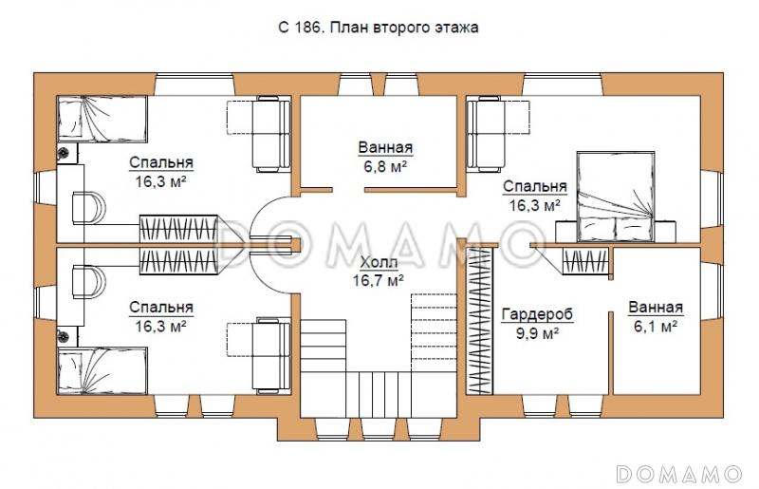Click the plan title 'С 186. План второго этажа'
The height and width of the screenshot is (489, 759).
tap(378, 28)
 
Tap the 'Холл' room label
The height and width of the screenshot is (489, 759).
tap(379, 262)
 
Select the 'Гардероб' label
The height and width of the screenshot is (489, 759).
tap(537, 314)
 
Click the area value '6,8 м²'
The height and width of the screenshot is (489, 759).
tap(385, 167)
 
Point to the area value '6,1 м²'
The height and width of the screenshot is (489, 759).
tap(656, 327)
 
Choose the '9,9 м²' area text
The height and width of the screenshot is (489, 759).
tap(538, 333)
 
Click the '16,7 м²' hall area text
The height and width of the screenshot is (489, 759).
tap(379, 280)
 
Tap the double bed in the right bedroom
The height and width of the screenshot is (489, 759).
tap(616, 197)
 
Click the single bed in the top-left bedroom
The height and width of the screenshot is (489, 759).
tap(102, 120)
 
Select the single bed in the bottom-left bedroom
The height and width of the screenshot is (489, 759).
tap(102, 370)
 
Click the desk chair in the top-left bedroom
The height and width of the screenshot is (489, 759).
tap(88, 207)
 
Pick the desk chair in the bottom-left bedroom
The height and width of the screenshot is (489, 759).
tap(88, 282)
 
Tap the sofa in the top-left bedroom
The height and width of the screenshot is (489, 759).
tap(272, 134)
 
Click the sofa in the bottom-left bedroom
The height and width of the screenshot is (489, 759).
tap(272, 355)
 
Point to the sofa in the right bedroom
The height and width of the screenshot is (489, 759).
tap(485, 134)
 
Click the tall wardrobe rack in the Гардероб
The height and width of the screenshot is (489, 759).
tap(478, 320)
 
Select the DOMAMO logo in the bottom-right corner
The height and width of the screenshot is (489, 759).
tap(679, 474)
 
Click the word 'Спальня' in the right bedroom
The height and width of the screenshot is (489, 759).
tap(535, 186)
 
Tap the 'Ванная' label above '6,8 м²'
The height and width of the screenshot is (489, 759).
tap(385, 147)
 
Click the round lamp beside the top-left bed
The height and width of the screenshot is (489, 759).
tap(64, 154)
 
